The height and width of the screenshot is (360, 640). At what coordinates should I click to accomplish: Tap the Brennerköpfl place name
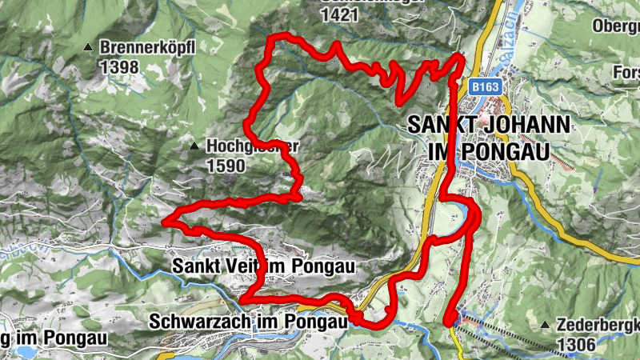point(148,48)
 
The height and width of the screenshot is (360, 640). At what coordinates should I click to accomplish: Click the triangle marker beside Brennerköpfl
point(89,48)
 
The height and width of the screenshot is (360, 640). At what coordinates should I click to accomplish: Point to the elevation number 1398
point(120,67)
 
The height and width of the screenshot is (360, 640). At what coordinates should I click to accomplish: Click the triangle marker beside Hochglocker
point(194,146)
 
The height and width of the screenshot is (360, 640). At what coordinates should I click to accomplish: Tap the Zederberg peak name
point(596,325)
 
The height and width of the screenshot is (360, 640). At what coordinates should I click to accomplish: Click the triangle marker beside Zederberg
point(545,325)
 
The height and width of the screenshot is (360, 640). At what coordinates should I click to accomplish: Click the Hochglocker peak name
point(252,146)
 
